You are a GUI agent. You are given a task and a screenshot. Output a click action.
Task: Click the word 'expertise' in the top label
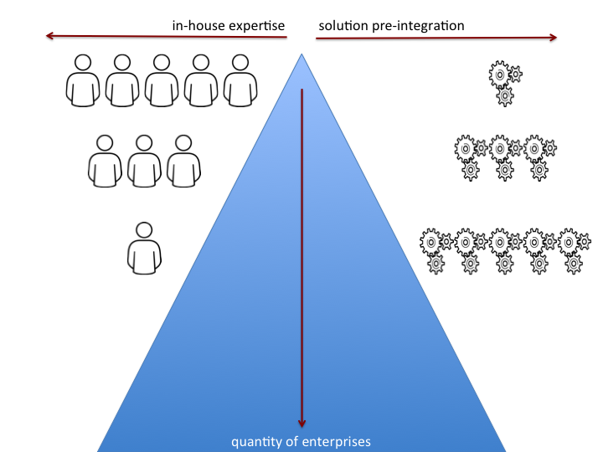(x=255, y=26)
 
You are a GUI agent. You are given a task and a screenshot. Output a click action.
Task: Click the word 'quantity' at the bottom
(x=254, y=440)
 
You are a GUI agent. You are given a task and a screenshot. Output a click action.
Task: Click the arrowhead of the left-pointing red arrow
(x=50, y=36)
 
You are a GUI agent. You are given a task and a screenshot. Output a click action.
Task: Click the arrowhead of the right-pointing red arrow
(x=552, y=37)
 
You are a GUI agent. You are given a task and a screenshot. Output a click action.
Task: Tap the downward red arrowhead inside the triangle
(x=302, y=422)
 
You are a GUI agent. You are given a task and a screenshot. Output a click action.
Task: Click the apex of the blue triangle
(x=301, y=55)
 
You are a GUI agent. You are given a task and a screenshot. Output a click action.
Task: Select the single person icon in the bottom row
(x=144, y=248)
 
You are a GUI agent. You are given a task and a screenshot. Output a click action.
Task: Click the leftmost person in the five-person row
(x=83, y=80)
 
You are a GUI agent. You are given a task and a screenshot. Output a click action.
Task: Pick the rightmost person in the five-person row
(x=240, y=80)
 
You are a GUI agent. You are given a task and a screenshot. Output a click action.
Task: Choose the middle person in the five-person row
(x=162, y=80)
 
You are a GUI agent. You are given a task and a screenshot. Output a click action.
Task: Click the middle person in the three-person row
(x=144, y=161)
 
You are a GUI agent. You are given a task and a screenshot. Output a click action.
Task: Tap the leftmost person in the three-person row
(x=105, y=161)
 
